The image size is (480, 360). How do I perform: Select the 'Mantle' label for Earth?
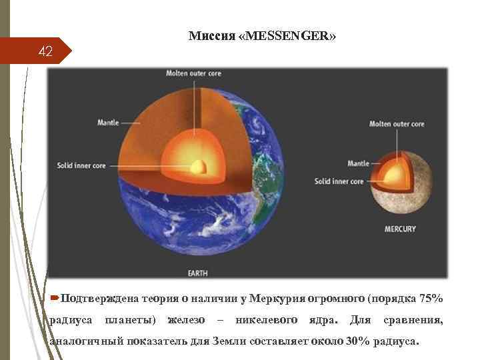coord(108,122)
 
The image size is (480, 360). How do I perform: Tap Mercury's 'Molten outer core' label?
coord(397,124)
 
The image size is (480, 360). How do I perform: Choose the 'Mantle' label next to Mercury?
coord(358,163)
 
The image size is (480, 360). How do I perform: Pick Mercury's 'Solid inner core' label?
coord(339,181)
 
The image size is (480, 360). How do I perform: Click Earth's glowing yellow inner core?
coord(197,167)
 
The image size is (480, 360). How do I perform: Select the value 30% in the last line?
coord(361,342)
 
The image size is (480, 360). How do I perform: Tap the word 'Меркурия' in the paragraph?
coord(278,297)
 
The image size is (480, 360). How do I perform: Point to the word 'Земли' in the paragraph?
coord(229,342)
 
